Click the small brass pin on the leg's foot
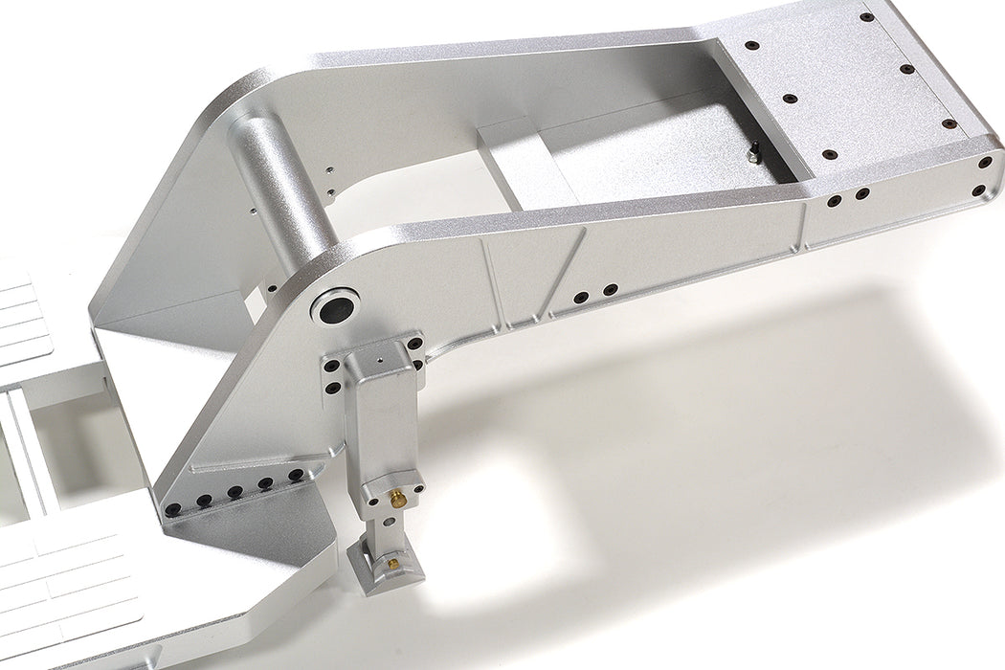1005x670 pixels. (x=391, y=565)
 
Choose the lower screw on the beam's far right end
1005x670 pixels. (x=977, y=192)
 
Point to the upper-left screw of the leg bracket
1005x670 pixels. (x=331, y=365)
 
